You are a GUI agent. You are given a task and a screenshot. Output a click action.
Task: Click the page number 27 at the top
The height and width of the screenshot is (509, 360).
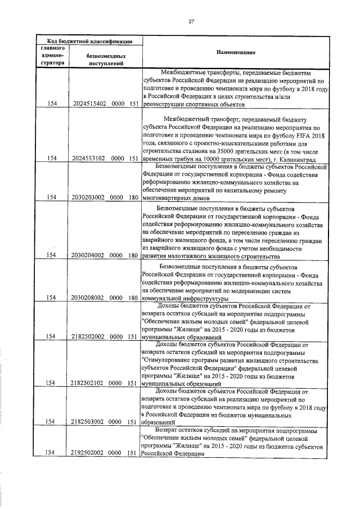191,21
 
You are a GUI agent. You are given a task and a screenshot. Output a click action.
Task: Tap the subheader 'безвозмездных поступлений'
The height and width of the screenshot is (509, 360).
106,60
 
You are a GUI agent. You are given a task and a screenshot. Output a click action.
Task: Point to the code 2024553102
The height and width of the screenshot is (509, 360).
89,159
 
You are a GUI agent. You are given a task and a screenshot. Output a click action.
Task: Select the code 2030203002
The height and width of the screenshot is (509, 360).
89,197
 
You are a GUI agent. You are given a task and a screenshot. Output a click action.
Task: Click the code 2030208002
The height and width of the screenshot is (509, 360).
89,298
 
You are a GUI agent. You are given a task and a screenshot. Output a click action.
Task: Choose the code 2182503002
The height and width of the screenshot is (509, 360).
89,421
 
